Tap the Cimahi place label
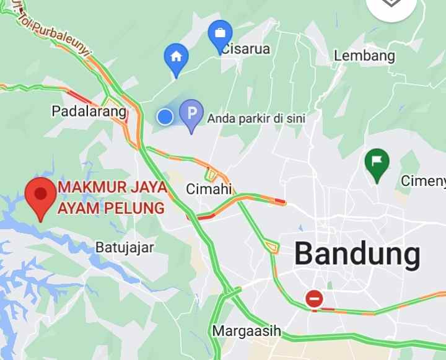coord(209,189)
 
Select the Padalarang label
coord(89,112)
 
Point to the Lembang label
coord(364,56)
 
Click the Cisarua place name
coord(246,48)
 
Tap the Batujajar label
coord(125,247)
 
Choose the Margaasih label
coord(247,331)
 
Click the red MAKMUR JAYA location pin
coord(41,195)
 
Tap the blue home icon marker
coord(176,58)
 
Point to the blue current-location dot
coord(165,116)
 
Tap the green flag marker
coord(377,164)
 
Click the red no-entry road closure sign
coord(314,299)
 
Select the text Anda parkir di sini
coord(256,118)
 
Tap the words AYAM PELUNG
coord(111,208)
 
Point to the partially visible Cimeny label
coord(423,181)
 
